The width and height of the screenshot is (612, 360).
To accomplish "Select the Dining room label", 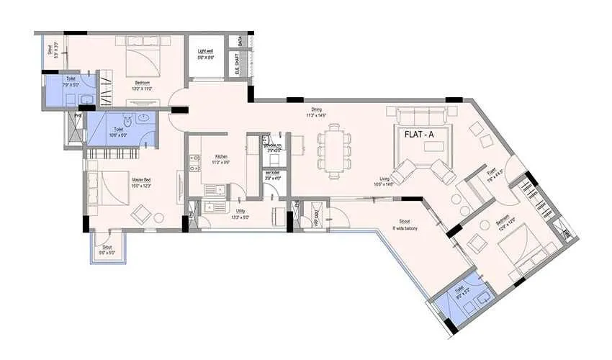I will pyautogui.click(x=316, y=111).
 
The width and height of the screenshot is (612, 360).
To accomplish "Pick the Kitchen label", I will pyautogui.click(x=220, y=160).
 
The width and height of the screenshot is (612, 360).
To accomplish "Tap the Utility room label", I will pyautogui.click(x=240, y=212).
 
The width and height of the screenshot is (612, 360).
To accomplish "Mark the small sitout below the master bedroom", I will pyautogui.click(x=107, y=247).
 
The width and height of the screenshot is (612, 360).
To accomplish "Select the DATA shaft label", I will pyautogui.click(x=240, y=45).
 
